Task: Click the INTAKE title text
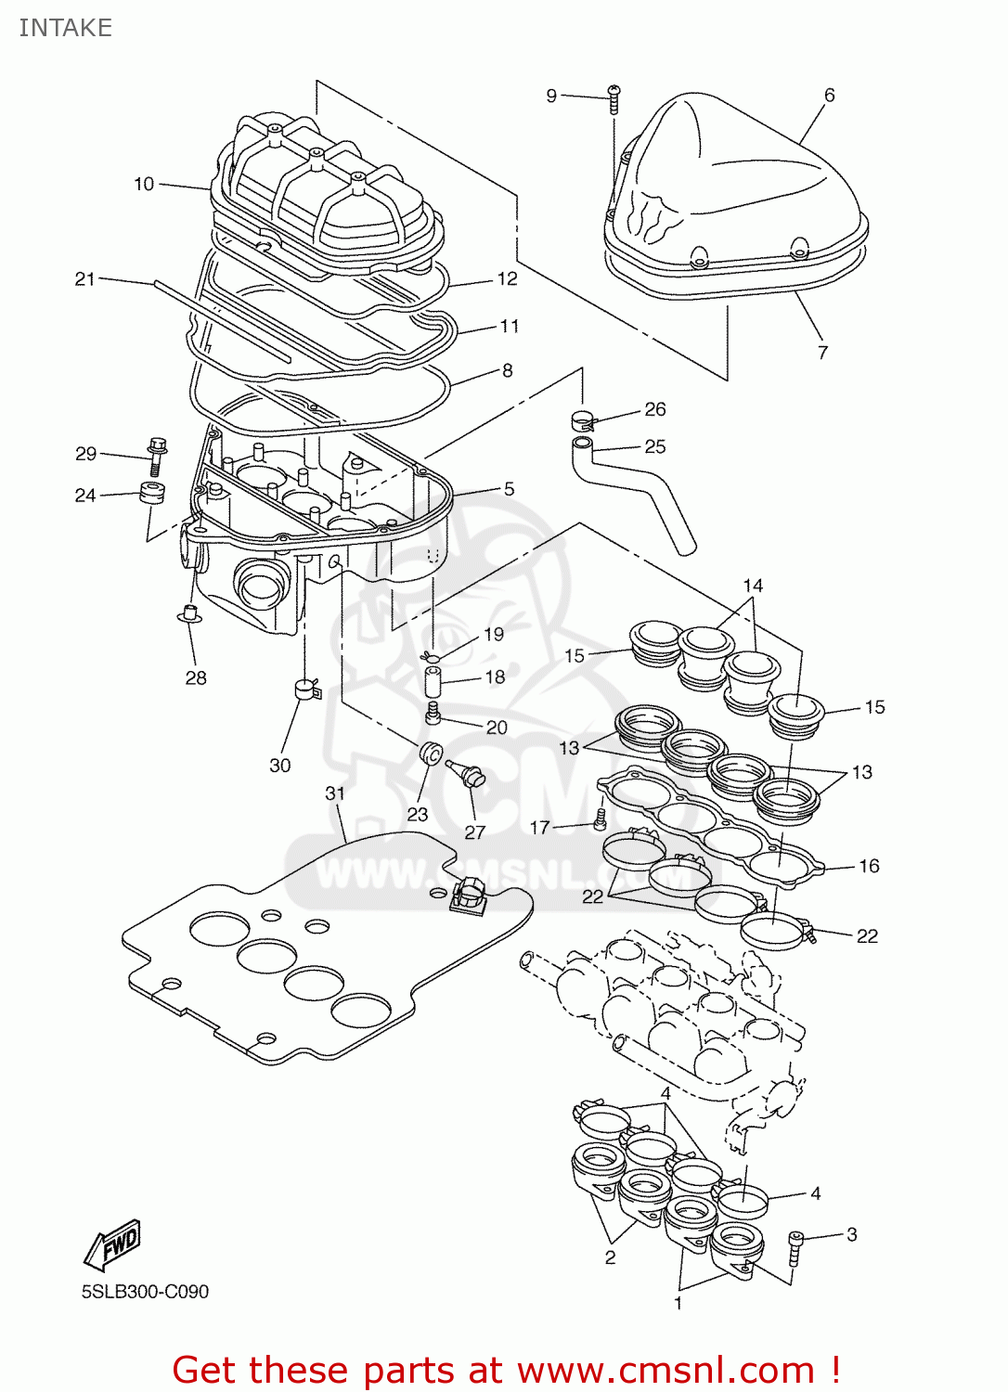tap(65, 28)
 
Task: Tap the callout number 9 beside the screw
tap(551, 96)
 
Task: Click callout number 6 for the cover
tap(829, 95)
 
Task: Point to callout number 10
tap(144, 184)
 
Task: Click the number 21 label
tap(85, 278)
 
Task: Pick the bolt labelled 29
tap(156, 456)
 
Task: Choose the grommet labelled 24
tap(153, 493)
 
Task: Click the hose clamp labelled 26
tap(582, 420)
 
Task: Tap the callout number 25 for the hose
tap(655, 446)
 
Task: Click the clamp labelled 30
tap(306, 690)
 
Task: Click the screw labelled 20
tap(432, 714)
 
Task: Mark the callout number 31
tap(335, 793)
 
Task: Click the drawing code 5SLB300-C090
tap(145, 1292)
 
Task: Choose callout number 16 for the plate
tap(869, 866)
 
